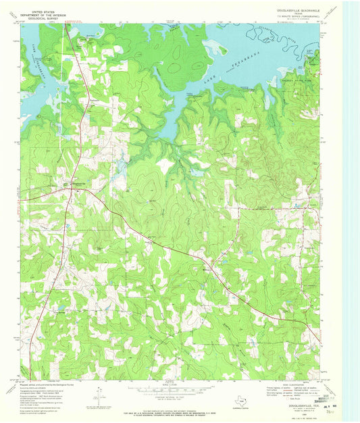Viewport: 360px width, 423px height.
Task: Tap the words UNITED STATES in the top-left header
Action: pos(40,11)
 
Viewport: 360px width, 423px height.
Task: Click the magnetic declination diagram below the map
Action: pos(99,392)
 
